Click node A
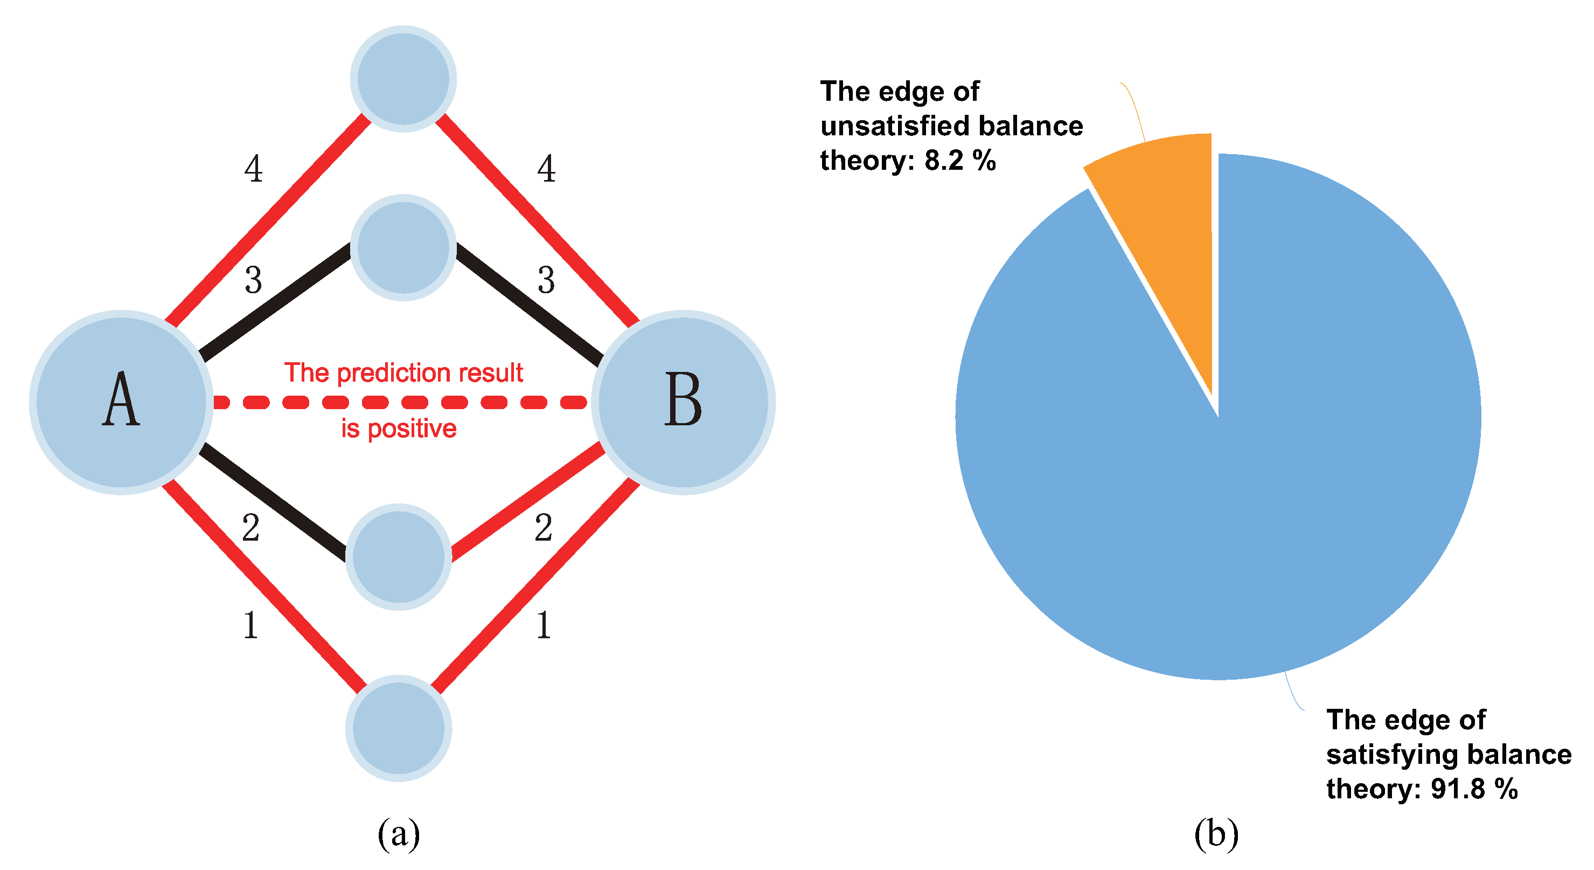point(121,403)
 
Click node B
point(683,403)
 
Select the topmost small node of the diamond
point(403,79)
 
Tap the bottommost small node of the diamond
point(399,728)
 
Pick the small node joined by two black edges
point(403,248)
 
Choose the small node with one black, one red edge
point(399,557)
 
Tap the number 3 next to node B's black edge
point(546,280)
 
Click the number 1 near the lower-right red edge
point(544,625)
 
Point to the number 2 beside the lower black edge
point(250,528)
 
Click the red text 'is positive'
point(399,429)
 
